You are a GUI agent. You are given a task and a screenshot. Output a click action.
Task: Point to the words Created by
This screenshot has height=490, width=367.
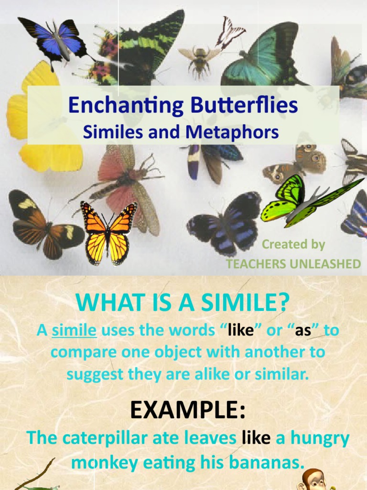[x=293, y=245]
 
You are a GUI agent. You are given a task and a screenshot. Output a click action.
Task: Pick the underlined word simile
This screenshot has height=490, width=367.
[x=74, y=331]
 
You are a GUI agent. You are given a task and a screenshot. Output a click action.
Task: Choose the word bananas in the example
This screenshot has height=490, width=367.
[x=270, y=463]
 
